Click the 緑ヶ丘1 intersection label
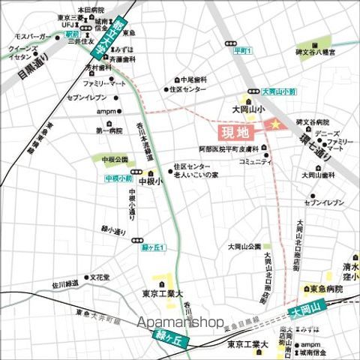[x=153, y=247]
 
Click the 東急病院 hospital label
[x=327, y=289]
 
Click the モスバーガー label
[x=30, y=35]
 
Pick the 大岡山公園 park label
[x=244, y=246]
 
